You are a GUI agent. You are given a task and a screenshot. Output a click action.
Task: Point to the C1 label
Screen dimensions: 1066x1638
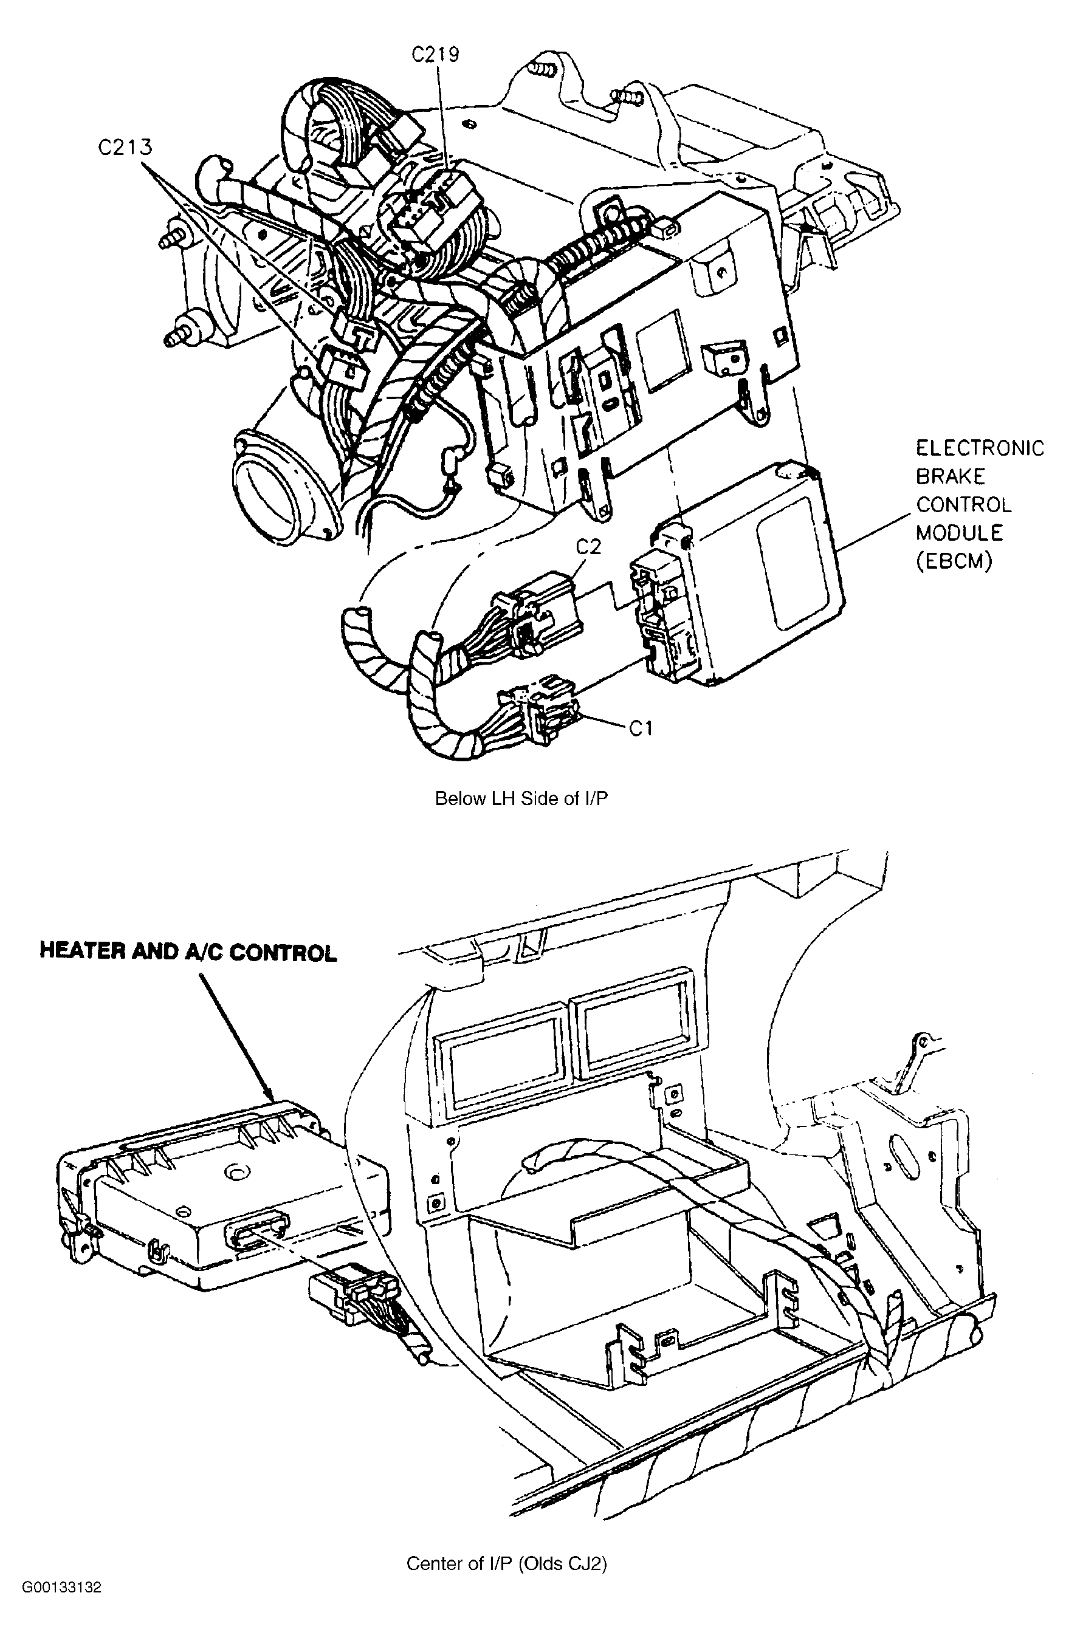click(x=641, y=728)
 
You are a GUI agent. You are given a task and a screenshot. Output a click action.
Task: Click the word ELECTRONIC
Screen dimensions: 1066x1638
click(x=980, y=448)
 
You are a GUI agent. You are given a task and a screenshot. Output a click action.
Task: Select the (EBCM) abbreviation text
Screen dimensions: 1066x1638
click(x=954, y=561)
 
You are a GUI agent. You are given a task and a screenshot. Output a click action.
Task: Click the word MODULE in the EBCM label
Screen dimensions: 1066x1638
click(x=959, y=533)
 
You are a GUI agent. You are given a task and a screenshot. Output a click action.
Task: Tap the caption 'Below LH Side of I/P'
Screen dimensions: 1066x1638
click(x=522, y=799)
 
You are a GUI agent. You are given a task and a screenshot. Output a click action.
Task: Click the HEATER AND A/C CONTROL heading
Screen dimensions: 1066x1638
click(x=188, y=953)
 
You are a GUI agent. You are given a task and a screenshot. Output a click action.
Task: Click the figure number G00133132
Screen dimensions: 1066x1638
click(x=61, y=1608)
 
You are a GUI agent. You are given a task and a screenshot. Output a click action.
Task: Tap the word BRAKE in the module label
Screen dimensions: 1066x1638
click(x=951, y=476)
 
